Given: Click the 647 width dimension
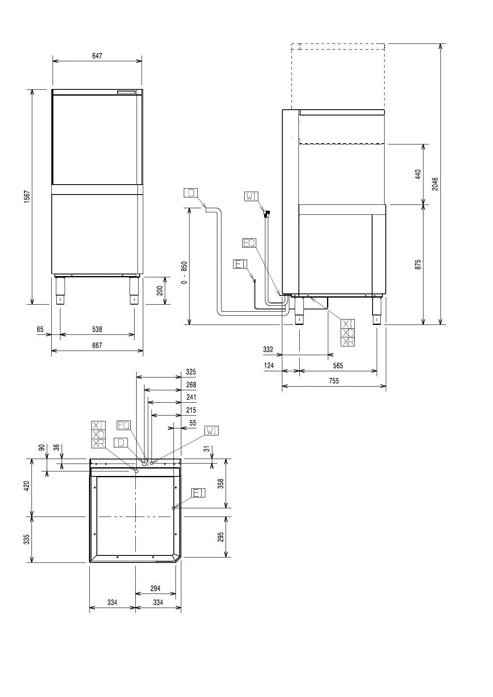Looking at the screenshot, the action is [97, 56].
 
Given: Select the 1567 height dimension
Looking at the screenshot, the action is [27, 197].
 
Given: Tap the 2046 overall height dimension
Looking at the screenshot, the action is [435, 184].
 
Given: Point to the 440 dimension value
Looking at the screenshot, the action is [418, 174].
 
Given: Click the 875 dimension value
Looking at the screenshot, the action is [418, 265].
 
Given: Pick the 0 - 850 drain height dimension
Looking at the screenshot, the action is [184, 272].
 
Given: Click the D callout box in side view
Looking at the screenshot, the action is [191, 193].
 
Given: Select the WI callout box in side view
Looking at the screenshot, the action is [251, 196].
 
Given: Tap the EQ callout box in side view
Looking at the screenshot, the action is [249, 243].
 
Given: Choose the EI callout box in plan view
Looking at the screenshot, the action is [199, 493].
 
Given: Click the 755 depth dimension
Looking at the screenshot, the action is [334, 381].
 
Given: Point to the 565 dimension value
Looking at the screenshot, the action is [338, 365].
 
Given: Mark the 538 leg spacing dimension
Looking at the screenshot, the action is [97, 329].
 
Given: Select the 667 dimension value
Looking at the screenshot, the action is [97, 345].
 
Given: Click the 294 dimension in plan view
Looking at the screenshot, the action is [155, 588].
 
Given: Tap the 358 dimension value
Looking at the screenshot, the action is [221, 483].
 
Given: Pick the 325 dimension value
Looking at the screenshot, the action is [191, 372].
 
